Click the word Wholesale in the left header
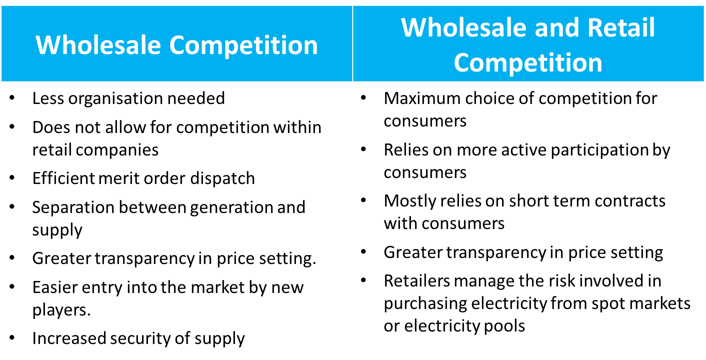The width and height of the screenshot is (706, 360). coord(98,45)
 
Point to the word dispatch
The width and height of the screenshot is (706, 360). coord(222,179)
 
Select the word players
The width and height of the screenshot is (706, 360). coord(61,310)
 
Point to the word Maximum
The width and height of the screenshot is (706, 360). coord(422,98)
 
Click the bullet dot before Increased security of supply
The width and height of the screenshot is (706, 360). coord(12,338)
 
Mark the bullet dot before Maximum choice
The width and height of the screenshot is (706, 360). coord(363,97)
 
